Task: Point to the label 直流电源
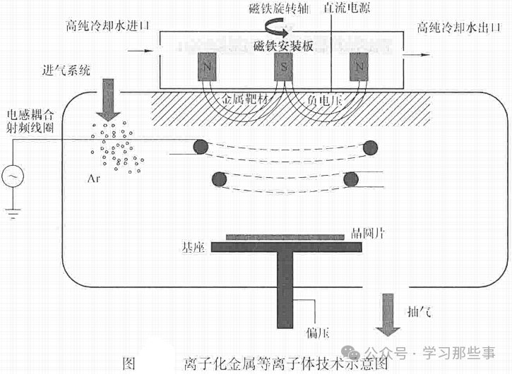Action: coord(347,8)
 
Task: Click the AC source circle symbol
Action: coord(14,176)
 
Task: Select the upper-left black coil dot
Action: coord(201,146)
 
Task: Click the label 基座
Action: coord(193,248)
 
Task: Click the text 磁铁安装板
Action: coord(283,47)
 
